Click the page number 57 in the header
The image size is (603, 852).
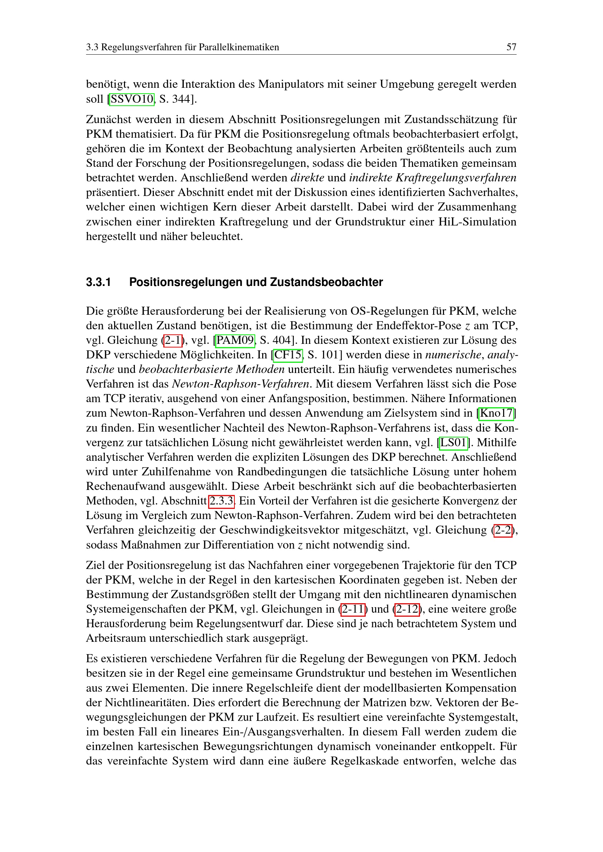pyautogui.click(x=511, y=47)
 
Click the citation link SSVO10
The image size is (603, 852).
pyautogui.click(x=132, y=99)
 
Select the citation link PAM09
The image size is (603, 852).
pyautogui.click(x=235, y=340)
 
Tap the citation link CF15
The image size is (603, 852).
pyautogui.click(x=288, y=355)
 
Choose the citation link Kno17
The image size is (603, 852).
pyautogui.click(x=496, y=413)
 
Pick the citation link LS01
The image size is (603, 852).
pyautogui.click(x=453, y=442)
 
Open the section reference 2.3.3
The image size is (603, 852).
pyautogui.click(x=221, y=501)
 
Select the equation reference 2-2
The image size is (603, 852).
pyautogui.click(x=503, y=530)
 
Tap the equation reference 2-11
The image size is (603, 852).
pyautogui.click(x=353, y=609)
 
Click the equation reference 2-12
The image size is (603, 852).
pyautogui.click(x=407, y=609)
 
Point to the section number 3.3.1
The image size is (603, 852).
pyautogui.click(x=98, y=282)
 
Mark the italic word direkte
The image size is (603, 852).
pyautogui.click(x=307, y=178)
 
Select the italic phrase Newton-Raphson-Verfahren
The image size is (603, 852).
pyautogui.click(x=241, y=384)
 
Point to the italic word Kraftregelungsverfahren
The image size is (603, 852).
pyautogui.click(x=456, y=178)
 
